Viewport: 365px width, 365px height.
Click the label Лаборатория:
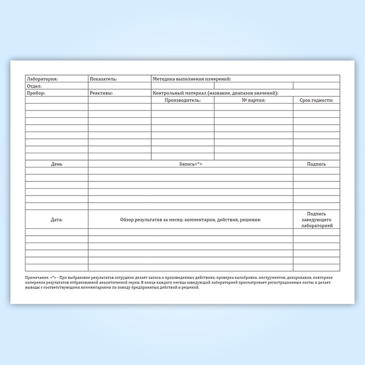[x=42, y=79]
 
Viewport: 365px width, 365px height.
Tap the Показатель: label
[x=103, y=79]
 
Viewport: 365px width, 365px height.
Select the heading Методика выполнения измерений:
[x=191, y=79]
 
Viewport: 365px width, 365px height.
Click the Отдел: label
[x=34, y=86]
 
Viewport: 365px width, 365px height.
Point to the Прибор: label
[x=36, y=93]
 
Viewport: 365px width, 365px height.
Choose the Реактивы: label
[x=101, y=93]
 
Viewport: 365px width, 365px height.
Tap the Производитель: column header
[x=182, y=100]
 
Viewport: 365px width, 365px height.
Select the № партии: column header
[x=254, y=100]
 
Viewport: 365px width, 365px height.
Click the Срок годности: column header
[x=316, y=100]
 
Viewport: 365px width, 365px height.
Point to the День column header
[x=57, y=164]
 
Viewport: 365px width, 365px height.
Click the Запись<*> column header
[x=190, y=164]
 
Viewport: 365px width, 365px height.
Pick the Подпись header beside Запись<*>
[x=317, y=164]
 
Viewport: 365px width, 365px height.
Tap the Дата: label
[x=57, y=220]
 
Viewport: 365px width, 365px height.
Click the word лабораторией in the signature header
[x=317, y=226]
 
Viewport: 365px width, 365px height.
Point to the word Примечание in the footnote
[x=37, y=277]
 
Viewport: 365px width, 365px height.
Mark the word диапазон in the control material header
[x=240, y=93]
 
